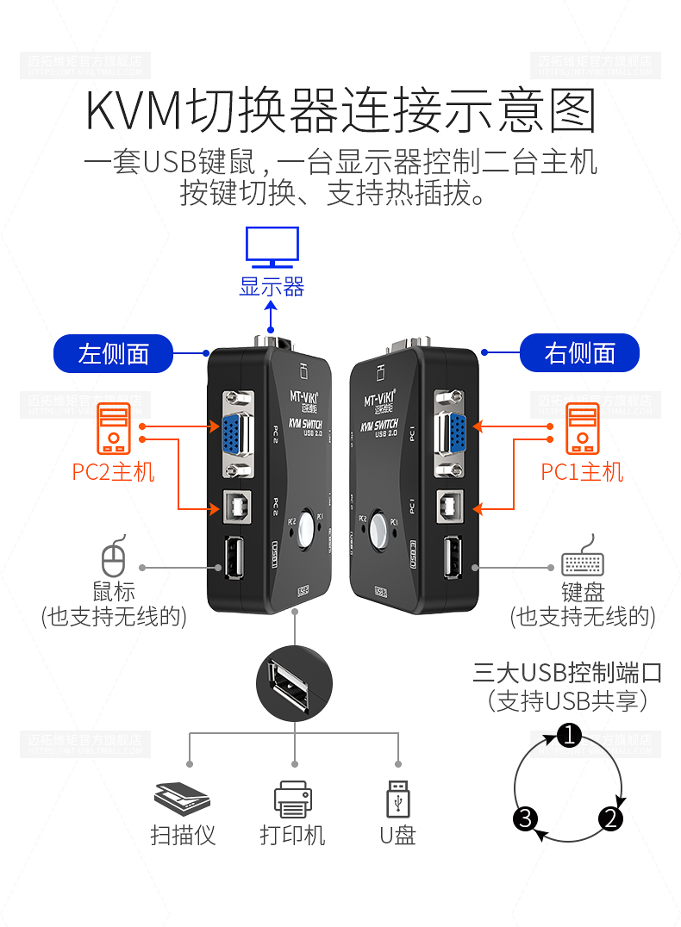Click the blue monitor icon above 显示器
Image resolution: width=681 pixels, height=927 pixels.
tap(272, 246)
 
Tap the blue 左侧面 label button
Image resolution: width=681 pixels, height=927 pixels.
tap(114, 353)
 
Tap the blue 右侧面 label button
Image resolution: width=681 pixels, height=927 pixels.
tap(579, 353)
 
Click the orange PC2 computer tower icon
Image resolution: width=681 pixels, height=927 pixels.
tap(113, 429)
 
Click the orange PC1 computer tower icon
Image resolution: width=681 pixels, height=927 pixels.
tap(582, 429)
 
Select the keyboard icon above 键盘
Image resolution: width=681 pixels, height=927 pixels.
tap(583, 562)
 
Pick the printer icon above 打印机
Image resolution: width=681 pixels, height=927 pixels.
tap(292, 799)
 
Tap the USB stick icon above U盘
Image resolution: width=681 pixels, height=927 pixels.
tap(397, 799)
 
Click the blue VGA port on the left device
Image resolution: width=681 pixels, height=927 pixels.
tap(232, 435)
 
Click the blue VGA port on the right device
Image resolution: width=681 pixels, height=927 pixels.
tap(451, 435)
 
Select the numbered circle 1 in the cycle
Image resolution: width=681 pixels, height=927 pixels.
tap(569, 735)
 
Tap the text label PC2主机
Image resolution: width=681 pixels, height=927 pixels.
tap(113, 472)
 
